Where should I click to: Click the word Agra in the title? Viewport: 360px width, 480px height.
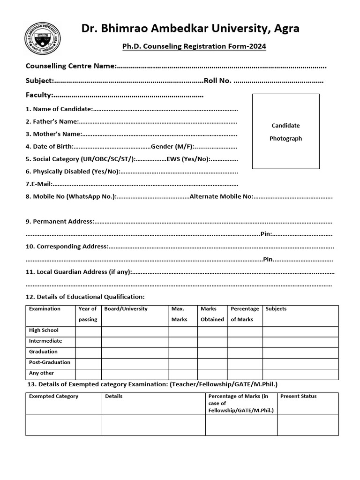click(x=285, y=29)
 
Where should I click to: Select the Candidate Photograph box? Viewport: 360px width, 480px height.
click(x=286, y=131)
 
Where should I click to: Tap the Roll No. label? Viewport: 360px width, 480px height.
click(x=217, y=81)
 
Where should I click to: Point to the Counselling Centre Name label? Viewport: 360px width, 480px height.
click(x=70, y=66)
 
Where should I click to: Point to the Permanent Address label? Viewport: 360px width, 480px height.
click(x=60, y=221)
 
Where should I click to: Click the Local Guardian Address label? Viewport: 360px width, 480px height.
click(x=78, y=272)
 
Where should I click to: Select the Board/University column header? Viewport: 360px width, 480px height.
click(x=126, y=309)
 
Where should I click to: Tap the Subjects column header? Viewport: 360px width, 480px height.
click(x=276, y=309)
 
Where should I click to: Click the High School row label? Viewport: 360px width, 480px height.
click(x=44, y=330)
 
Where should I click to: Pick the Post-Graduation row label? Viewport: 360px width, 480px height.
click(x=50, y=362)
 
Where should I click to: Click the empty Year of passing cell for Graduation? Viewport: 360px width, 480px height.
click(x=88, y=353)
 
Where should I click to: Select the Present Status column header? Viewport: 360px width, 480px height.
click(x=298, y=396)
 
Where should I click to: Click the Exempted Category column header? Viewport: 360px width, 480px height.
click(x=53, y=396)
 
